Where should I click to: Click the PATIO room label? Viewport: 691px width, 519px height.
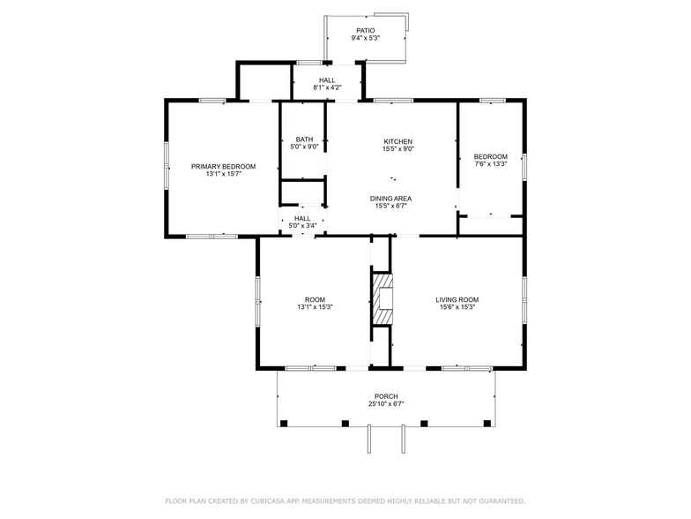(x=365, y=30)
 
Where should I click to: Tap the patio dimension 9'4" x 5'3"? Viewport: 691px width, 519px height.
(x=365, y=38)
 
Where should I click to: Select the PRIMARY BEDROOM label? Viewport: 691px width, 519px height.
(x=224, y=167)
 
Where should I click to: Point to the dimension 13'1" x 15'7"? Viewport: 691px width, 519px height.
(x=224, y=175)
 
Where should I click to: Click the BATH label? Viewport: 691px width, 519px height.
(x=304, y=139)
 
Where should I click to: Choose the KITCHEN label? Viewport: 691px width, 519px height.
(x=398, y=141)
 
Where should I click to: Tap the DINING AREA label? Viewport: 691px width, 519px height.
(x=390, y=199)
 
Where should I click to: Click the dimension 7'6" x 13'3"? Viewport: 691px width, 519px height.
(x=491, y=164)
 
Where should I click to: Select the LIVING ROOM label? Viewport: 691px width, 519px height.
(x=457, y=299)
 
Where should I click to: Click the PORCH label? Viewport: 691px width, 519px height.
(x=386, y=396)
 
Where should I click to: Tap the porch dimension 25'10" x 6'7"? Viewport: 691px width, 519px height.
(x=386, y=404)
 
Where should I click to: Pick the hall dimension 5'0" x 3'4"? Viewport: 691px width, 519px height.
(x=302, y=226)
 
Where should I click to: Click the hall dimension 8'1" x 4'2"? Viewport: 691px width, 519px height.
(x=327, y=88)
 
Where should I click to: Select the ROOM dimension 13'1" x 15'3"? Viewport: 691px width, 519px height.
(x=315, y=307)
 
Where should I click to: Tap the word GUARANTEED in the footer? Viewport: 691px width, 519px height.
(x=498, y=500)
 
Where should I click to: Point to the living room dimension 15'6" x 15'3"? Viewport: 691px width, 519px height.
(x=457, y=307)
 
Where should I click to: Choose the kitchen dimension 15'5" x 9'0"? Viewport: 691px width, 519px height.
(x=398, y=149)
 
